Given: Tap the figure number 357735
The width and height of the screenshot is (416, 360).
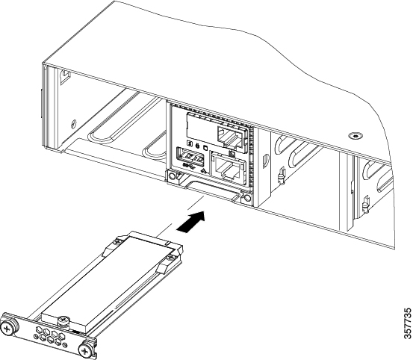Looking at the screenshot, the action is [x=408, y=323].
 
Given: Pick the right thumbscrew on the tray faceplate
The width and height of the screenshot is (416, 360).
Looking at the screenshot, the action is [x=85, y=351].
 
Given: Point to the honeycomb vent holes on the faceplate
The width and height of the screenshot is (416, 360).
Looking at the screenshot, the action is [x=49, y=335].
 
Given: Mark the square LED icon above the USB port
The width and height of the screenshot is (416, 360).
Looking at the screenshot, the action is [x=205, y=147].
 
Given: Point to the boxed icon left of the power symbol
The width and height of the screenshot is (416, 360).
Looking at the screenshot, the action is [x=190, y=143].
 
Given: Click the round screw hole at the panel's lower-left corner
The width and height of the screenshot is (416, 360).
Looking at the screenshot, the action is [x=172, y=176].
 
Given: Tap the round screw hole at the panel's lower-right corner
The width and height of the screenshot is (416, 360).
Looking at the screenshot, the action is [x=247, y=198].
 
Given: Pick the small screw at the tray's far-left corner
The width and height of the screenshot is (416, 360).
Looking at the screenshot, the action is [x=117, y=241].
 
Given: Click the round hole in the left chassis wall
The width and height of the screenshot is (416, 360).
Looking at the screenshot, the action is [x=73, y=124].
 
